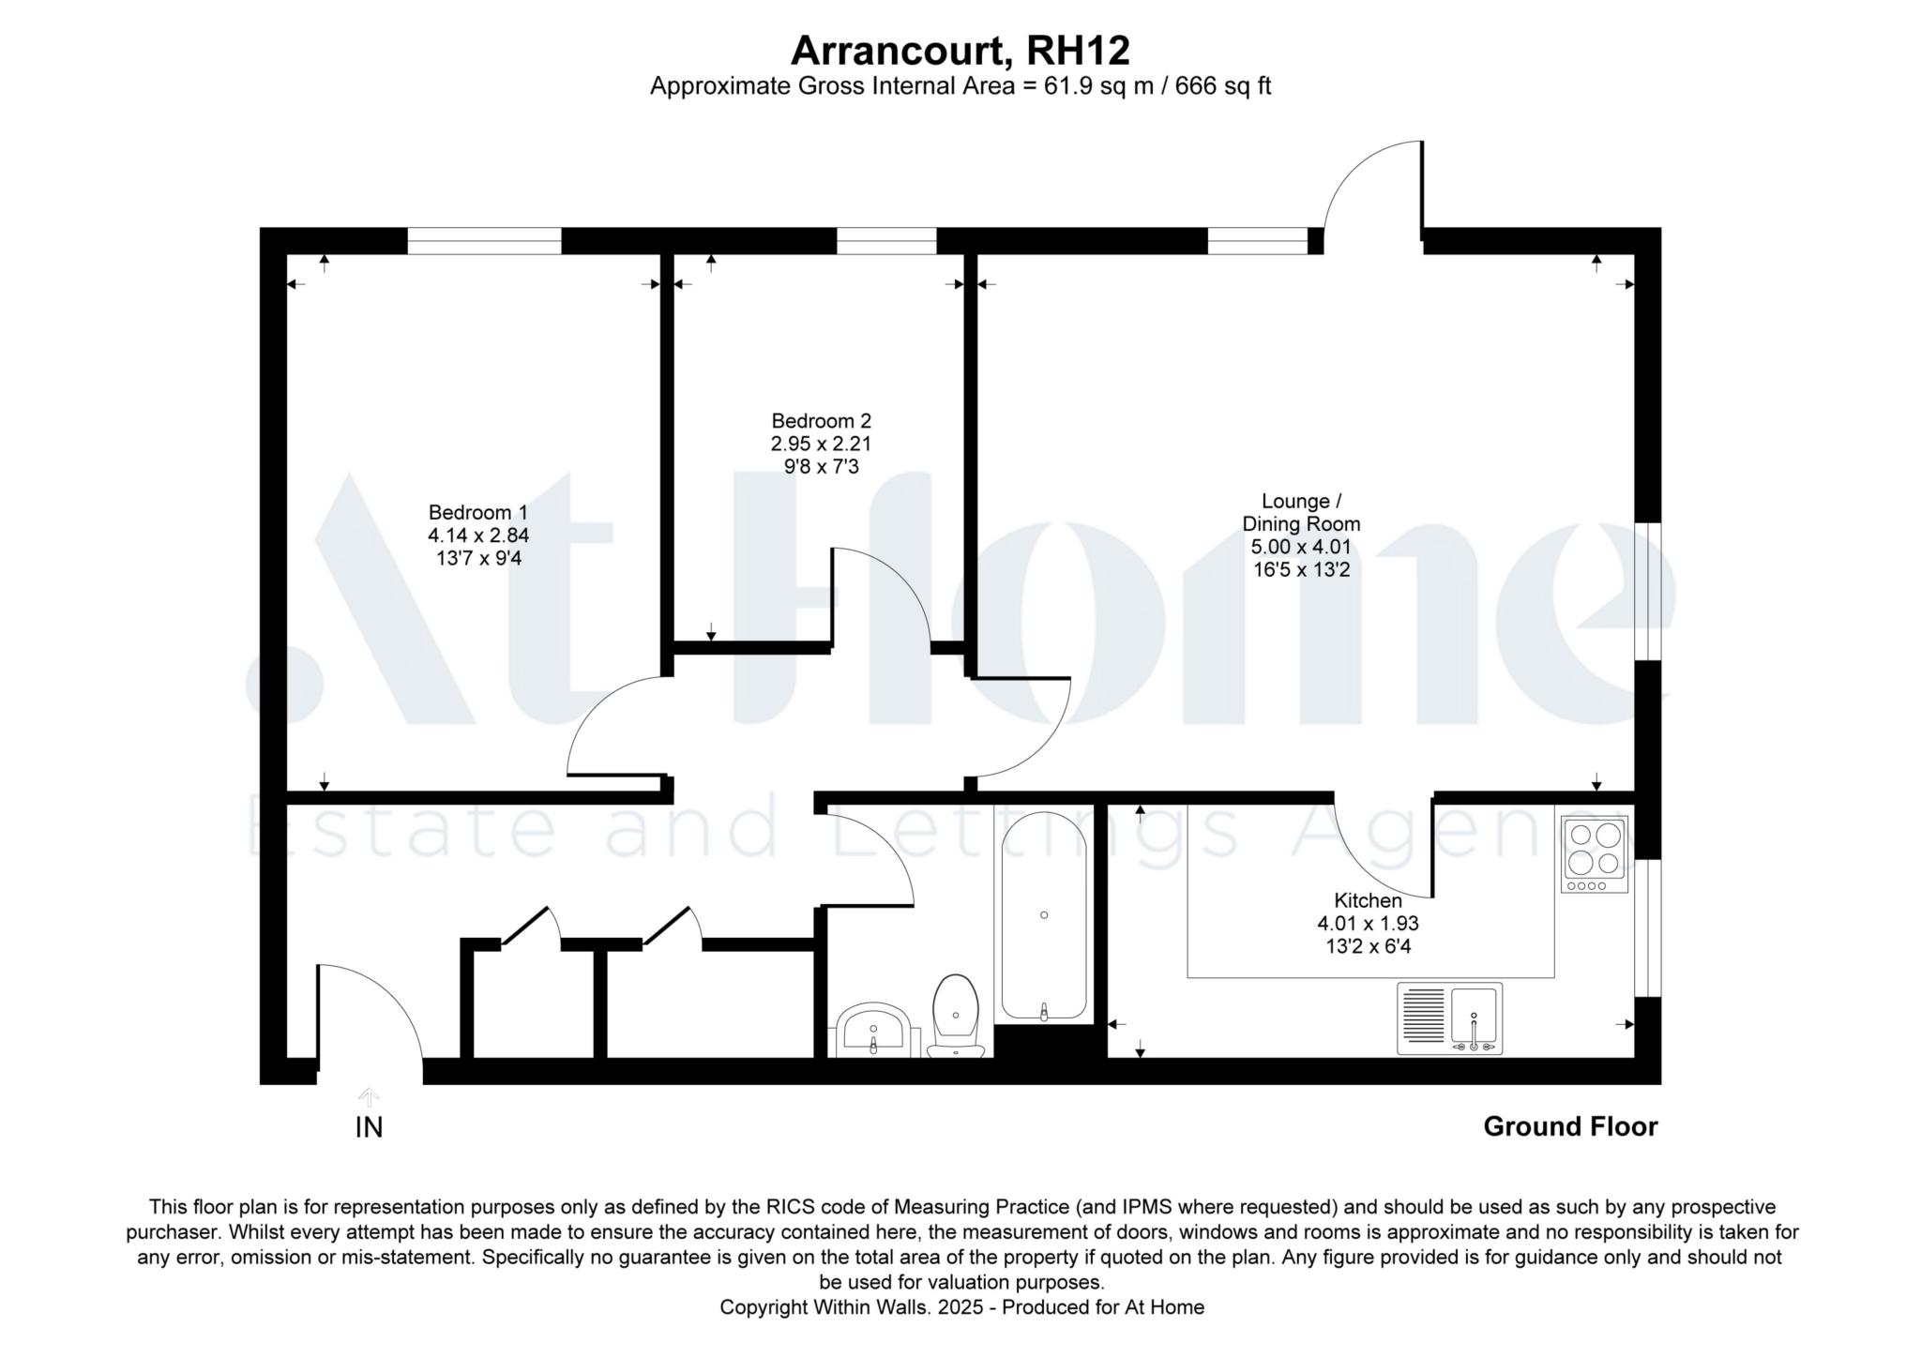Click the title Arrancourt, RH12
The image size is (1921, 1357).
pos(960,51)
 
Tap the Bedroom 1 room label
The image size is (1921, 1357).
pos(478,513)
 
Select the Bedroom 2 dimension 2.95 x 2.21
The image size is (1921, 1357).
pos(822,444)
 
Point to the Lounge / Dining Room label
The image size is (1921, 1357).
pos(1301,512)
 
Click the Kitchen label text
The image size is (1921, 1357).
pos(1368,900)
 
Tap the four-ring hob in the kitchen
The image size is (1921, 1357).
pos(1595,853)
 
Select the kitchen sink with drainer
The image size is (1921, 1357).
pos(1449,1018)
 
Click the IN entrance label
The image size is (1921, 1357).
pos(369,1127)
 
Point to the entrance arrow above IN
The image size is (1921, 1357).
pos(369,1097)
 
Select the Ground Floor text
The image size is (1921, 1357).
pos(1570,1126)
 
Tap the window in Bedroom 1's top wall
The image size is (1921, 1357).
pos(484,241)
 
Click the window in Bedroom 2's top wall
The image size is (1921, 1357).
pos(886,241)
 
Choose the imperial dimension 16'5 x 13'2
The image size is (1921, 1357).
pos(1301,569)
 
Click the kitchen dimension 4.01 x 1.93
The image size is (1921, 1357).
pos(1368,924)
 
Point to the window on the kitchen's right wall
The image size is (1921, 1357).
pos(1648,927)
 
